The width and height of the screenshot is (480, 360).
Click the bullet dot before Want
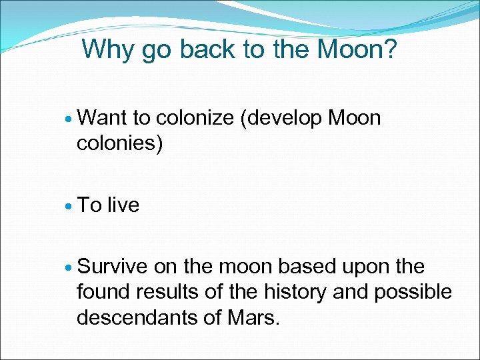coord(71,119)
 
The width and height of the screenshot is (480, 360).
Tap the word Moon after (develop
coord(355,118)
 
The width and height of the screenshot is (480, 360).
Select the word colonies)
coord(120,143)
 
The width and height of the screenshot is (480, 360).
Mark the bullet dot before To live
coord(71,206)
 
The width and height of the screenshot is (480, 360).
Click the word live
coord(123,205)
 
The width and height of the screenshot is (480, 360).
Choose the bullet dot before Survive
coord(71,267)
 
